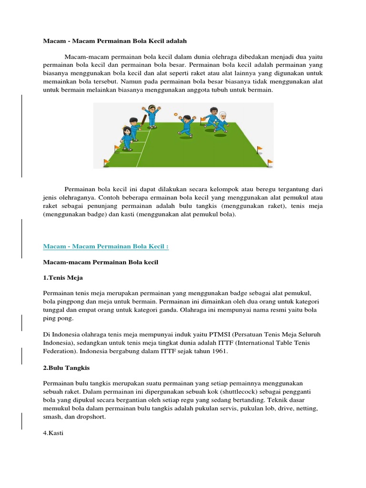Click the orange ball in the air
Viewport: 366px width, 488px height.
tap(176, 114)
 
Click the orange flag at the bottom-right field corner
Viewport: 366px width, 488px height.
tap(270, 163)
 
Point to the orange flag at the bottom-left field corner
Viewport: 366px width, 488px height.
tap(106, 162)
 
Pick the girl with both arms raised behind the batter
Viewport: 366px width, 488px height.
tap(152, 116)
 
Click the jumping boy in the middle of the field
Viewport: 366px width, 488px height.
tap(186, 126)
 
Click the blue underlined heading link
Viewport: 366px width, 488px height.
tap(106, 246)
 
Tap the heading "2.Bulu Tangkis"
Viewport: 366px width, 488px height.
tap(66, 368)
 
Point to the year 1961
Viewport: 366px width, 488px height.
tap(219, 351)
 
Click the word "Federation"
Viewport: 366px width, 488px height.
tap(60, 351)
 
